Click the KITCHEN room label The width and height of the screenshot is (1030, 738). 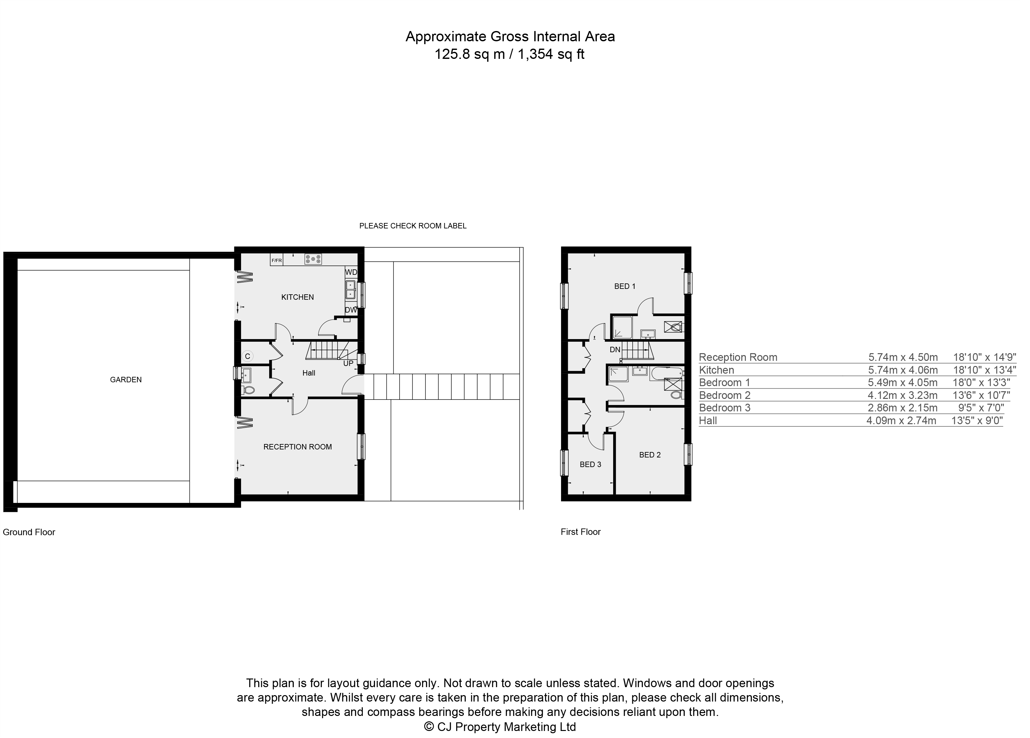[x=298, y=297]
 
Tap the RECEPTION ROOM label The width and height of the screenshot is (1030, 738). [x=298, y=447]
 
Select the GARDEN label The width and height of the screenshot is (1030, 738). [x=126, y=379]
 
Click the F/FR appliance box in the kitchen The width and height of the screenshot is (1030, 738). [x=276, y=260]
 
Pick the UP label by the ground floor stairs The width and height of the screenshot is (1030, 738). [x=348, y=363]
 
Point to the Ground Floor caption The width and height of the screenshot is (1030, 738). [x=29, y=532]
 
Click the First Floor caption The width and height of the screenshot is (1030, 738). [x=581, y=532]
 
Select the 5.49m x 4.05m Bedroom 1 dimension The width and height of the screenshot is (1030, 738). [x=902, y=382]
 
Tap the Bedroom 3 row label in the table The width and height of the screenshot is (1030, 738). [x=724, y=408]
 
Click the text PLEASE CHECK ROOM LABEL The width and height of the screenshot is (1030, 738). [x=412, y=226]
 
